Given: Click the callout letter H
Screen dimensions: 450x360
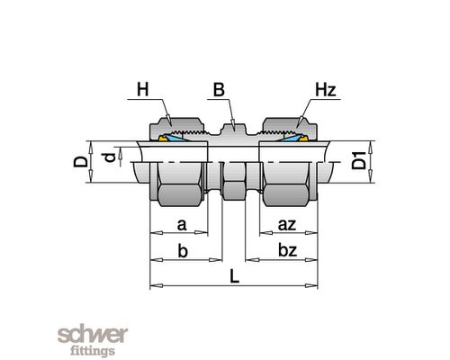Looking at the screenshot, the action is (143, 89).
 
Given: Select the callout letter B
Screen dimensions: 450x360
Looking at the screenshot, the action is (219, 89).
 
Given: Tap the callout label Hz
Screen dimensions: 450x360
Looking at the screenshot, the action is (325, 89).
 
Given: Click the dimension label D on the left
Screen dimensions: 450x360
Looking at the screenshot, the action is (81, 161).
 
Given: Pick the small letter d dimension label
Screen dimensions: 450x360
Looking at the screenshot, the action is (110, 157).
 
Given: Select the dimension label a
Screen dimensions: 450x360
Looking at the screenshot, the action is (182, 225).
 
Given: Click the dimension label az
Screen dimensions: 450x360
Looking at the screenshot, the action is (287, 225).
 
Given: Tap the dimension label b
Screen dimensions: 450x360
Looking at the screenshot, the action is (183, 250).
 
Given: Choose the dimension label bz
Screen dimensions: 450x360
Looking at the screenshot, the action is (287, 250).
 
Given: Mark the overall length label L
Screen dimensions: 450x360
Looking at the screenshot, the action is (234, 276).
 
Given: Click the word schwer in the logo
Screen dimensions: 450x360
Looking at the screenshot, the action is (93, 334).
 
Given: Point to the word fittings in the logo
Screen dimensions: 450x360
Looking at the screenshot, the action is (93, 351).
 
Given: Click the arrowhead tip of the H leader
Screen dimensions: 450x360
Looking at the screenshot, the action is (170, 126).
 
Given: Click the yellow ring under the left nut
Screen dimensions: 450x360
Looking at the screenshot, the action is (163, 139).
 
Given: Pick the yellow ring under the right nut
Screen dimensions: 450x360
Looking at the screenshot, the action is (305, 139).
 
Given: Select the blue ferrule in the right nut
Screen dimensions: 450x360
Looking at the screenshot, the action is (290, 138).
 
